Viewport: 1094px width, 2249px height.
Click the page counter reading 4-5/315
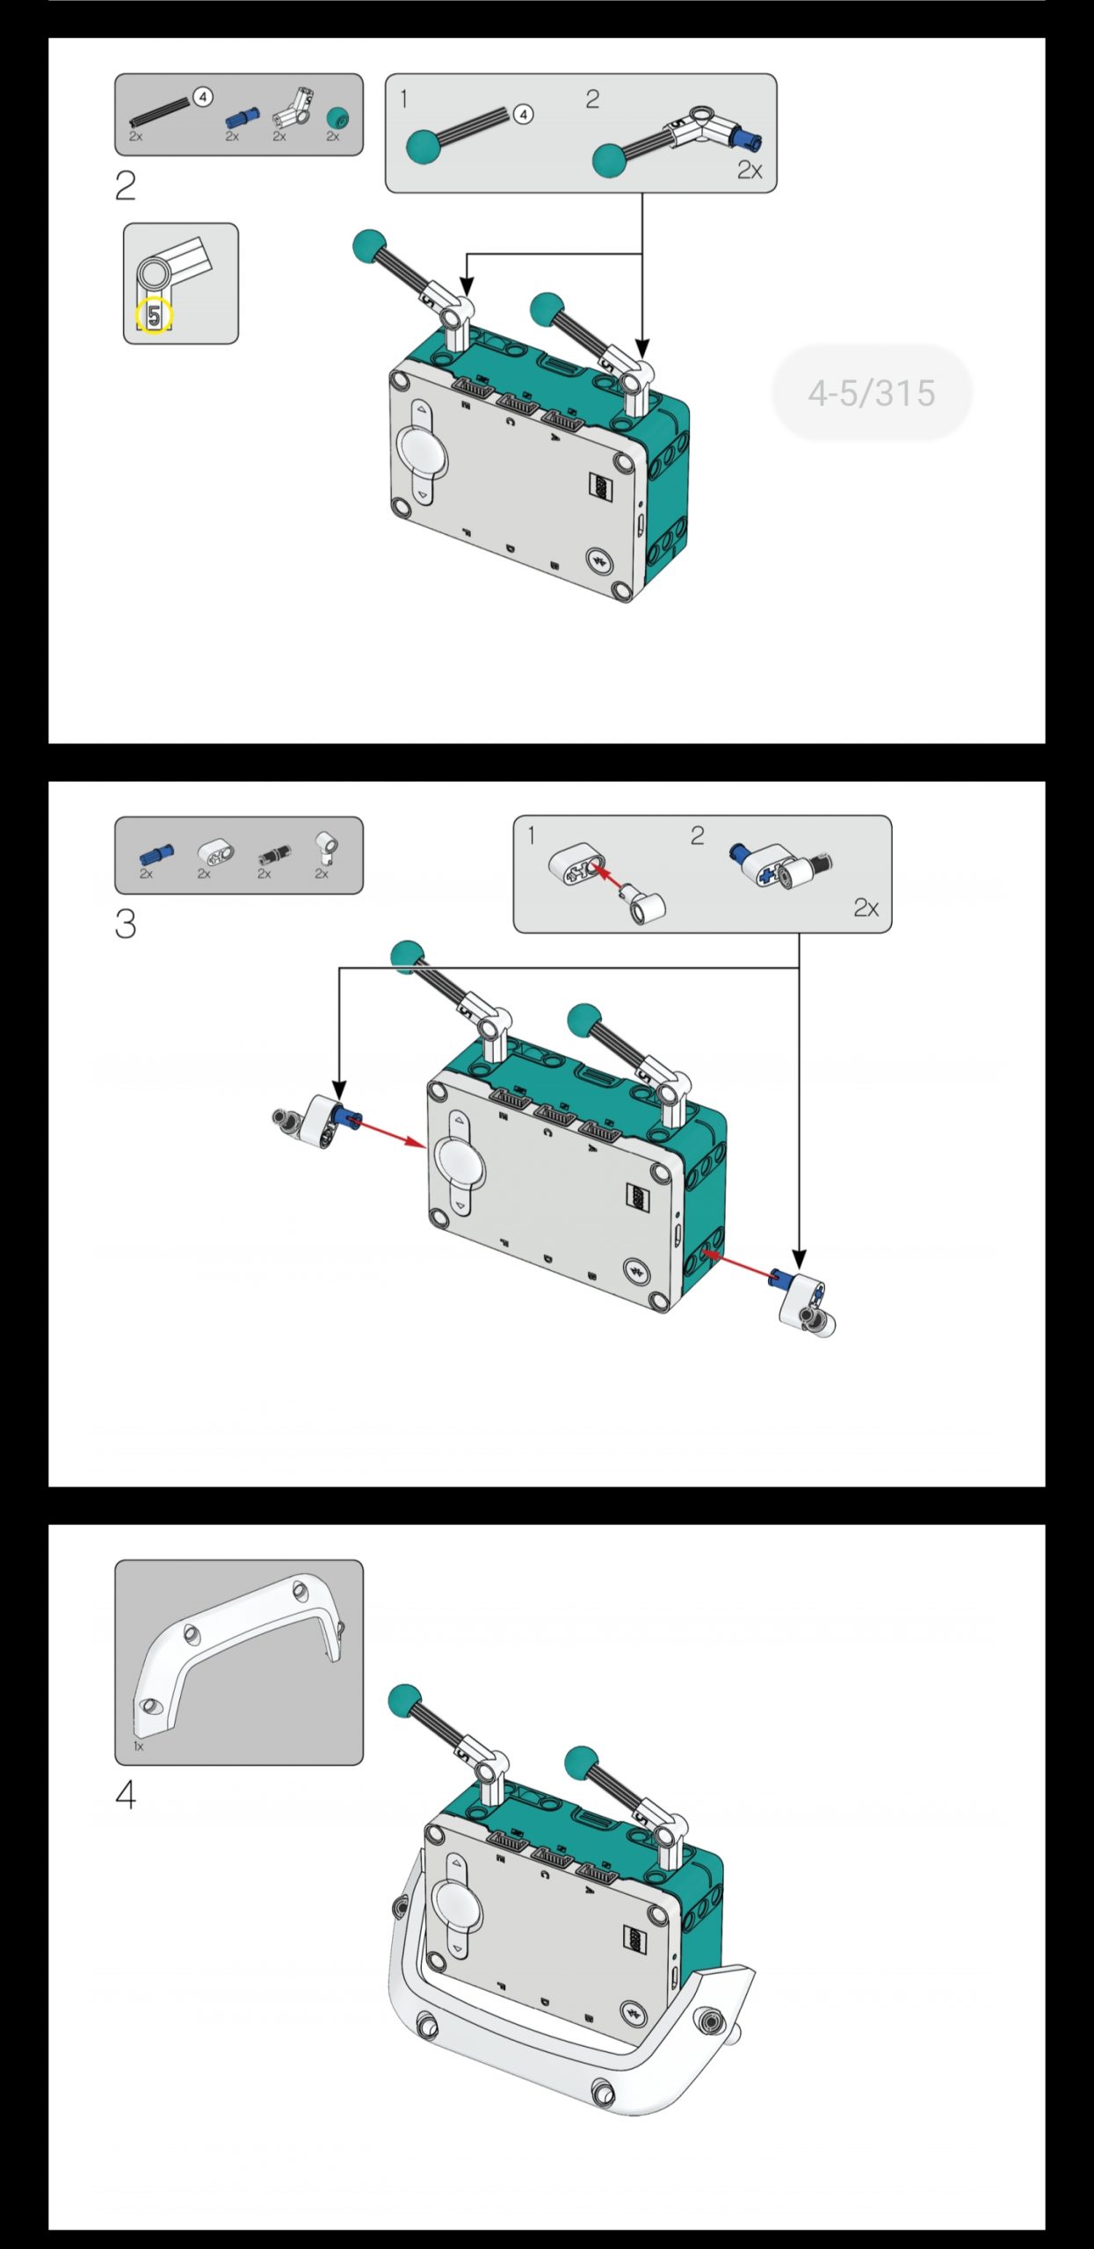click(872, 393)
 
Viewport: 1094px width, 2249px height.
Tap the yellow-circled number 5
click(154, 316)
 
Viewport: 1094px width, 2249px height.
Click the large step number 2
click(126, 185)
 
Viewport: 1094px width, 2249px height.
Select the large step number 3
click(126, 924)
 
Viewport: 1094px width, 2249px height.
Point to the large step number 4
click(126, 1795)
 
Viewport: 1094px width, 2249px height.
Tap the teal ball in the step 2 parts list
click(337, 118)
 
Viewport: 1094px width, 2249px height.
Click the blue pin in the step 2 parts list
click(242, 117)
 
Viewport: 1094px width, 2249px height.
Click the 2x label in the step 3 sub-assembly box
click(866, 908)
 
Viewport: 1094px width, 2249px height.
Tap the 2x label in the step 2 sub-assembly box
click(749, 170)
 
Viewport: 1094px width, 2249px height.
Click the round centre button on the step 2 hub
click(423, 451)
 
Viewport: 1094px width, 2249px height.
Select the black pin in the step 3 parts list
click(273, 853)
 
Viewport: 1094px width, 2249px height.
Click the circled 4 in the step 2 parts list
click(203, 97)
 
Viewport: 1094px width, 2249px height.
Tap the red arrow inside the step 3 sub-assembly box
click(610, 878)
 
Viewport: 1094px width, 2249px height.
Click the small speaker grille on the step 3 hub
click(637, 1195)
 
